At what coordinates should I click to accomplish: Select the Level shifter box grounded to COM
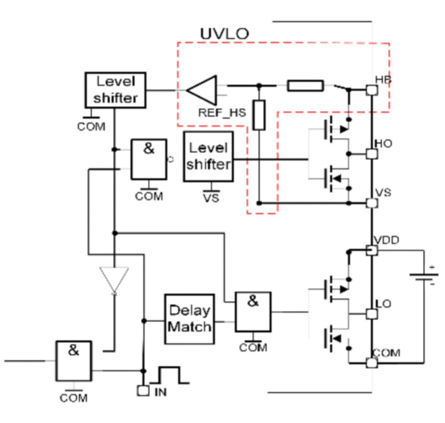click(x=116, y=90)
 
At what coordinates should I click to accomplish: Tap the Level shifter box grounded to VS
click(x=209, y=156)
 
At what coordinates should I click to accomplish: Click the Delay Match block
click(x=189, y=319)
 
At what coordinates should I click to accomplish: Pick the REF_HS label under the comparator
click(x=222, y=113)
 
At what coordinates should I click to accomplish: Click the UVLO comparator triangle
click(x=202, y=90)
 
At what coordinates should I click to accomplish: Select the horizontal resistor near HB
click(x=306, y=86)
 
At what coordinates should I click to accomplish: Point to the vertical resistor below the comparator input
click(x=259, y=115)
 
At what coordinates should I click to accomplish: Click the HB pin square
click(x=372, y=90)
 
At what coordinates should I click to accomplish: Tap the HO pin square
click(x=372, y=154)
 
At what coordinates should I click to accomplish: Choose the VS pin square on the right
click(x=372, y=203)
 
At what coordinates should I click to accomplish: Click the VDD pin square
click(x=372, y=250)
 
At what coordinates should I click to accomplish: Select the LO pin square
click(x=372, y=314)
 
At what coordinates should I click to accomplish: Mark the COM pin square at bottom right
click(x=372, y=363)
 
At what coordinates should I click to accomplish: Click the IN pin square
click(x=143, y=391)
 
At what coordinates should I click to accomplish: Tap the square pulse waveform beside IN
click(x=170, y=375)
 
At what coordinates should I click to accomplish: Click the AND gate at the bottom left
click(x=73, y=361)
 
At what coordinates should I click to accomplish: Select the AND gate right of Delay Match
click(x=253, y=312)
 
